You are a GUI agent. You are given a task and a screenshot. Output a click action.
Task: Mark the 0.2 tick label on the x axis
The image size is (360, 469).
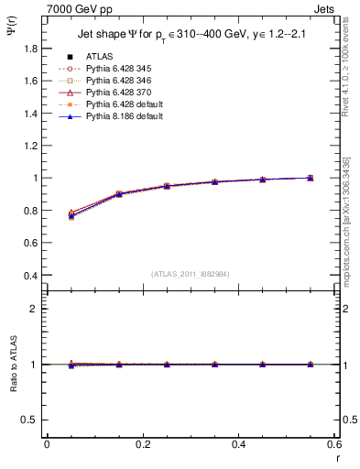tap(142, 444)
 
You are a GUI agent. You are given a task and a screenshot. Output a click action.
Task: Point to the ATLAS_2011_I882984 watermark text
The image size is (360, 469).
tap(190, 274)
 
